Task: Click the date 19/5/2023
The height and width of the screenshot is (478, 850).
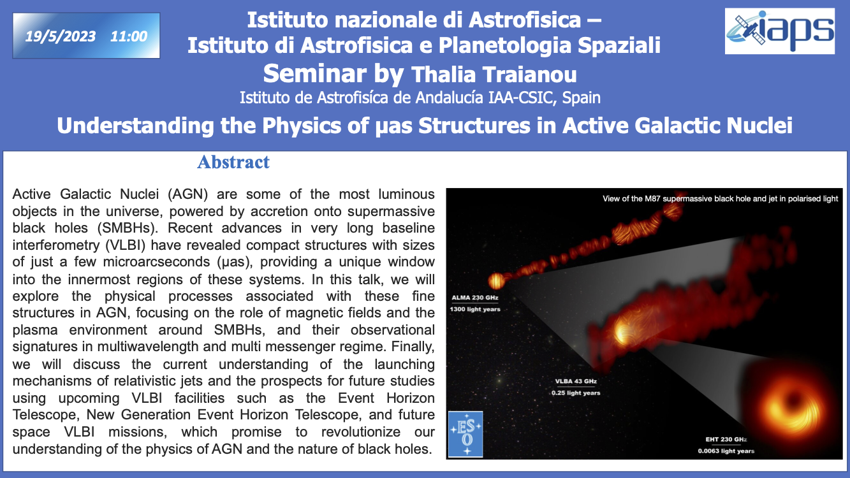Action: click(61, 36)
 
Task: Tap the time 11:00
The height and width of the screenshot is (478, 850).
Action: click(129, 36)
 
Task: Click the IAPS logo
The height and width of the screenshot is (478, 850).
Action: click(780, 31)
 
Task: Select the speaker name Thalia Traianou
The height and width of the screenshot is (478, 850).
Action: click(494, 75)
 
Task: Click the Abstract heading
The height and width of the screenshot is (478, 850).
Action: click(233, 162)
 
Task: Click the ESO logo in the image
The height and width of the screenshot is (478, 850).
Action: click(465, 434)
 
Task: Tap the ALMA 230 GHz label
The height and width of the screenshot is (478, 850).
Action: click(474, 298)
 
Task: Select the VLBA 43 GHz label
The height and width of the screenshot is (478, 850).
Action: click(576, 381)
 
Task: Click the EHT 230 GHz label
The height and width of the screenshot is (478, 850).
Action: click(726, 439)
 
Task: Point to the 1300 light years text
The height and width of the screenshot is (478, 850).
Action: click(474, 309)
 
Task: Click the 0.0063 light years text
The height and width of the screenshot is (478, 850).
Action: click(726, 451)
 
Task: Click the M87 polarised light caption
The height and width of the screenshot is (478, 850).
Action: click(720, 199)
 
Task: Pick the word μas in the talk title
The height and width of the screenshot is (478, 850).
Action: click(393, 126)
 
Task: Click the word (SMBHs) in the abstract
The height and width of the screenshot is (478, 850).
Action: click(130, 228)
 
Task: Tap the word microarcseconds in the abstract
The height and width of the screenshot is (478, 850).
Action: click(157, 262)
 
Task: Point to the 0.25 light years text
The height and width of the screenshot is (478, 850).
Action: click(576, 393)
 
